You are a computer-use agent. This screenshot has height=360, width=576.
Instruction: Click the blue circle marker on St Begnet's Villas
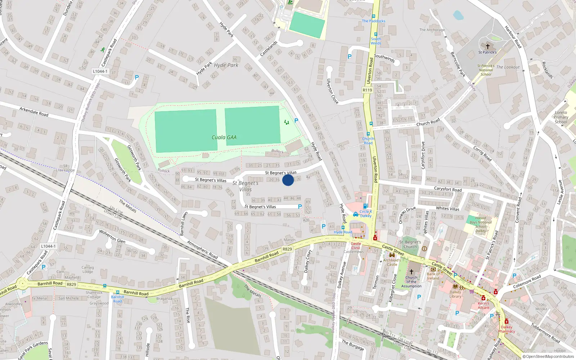pos(288,180)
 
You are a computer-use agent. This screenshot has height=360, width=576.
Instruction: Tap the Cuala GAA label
pos(224,137)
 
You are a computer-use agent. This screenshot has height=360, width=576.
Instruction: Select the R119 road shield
pos(367,90)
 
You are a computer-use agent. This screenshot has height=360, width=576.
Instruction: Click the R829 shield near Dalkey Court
pos(287,249)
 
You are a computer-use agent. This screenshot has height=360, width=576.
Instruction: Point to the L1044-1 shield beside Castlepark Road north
pos(100,71)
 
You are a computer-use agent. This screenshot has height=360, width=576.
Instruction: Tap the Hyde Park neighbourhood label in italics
pos(226,65)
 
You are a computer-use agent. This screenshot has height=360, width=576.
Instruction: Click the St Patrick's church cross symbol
pos(488,46)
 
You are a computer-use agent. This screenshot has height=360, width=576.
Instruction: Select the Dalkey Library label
pos(455,294)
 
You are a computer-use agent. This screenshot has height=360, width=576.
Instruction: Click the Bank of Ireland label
pos(433,276)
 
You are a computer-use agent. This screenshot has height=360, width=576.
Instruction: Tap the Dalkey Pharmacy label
pos(507,329)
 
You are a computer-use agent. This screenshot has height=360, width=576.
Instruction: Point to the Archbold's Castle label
pos(392,262)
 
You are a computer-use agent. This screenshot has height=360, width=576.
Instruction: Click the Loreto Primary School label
pos(561,117)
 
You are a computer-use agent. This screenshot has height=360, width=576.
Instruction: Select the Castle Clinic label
pos(356,246)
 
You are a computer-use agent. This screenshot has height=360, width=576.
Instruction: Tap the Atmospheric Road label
pos(202,249)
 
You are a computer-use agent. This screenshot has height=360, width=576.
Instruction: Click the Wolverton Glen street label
pos(112,237)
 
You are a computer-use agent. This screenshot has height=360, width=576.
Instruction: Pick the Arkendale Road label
pos(34,112)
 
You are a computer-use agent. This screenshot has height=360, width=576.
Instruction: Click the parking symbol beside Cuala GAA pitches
pos(296,121)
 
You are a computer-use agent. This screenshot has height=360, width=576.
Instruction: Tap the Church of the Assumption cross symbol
pos(411,271)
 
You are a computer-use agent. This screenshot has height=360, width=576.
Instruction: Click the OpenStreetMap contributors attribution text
pos(548,356)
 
